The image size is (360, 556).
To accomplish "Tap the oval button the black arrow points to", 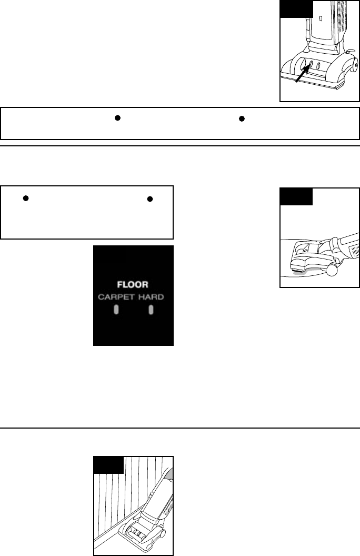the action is click(x=311, y=64).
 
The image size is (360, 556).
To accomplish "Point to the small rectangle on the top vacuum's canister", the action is click(x=321, y=18).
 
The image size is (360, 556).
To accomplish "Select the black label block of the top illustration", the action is click(x=296, y=9).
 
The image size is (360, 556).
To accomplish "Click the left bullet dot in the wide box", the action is click(x=118, y=118).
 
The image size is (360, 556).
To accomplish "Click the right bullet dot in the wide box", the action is click(x=242, y=119).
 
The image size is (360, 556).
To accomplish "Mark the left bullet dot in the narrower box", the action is click(x=25, y=198).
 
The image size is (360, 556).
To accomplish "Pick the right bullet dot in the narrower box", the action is click(x=150, y=199).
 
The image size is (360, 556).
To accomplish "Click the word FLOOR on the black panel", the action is click(x=133, y=285).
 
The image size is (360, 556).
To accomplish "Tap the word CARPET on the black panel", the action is click(x=116, y=297).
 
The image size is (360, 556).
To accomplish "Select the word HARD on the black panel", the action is click(x=151, y=297).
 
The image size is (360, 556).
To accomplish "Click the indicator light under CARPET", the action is click(x=116, y=310).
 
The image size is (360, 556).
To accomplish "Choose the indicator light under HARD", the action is click(x=151, y=310).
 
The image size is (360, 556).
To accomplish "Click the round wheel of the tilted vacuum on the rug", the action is click(x=333, y=269).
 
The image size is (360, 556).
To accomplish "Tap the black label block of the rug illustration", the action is click(x=296, y=196).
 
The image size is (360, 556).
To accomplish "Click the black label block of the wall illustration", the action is click(x=109, y=465).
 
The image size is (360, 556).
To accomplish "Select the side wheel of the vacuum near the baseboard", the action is click(x=163, y=534).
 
